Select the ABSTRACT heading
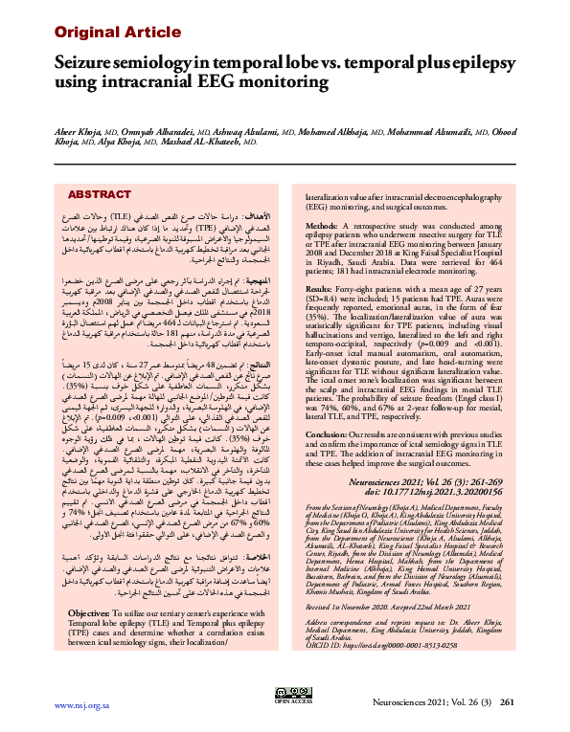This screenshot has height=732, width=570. (101, 194)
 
